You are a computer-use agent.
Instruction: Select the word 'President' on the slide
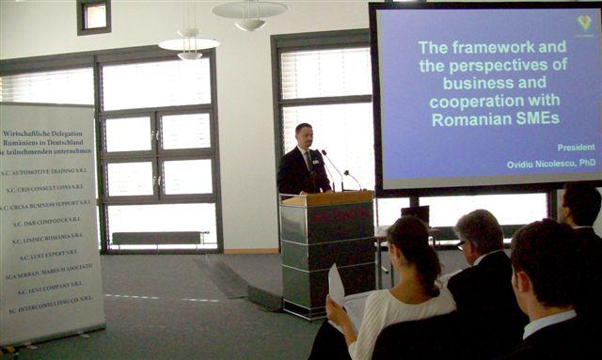click(576, 148)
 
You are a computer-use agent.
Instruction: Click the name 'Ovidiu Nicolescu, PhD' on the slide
click(550, 163)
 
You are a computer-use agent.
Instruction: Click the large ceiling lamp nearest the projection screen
click(249, 12)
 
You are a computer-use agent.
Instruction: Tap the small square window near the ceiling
click(94, 16)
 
